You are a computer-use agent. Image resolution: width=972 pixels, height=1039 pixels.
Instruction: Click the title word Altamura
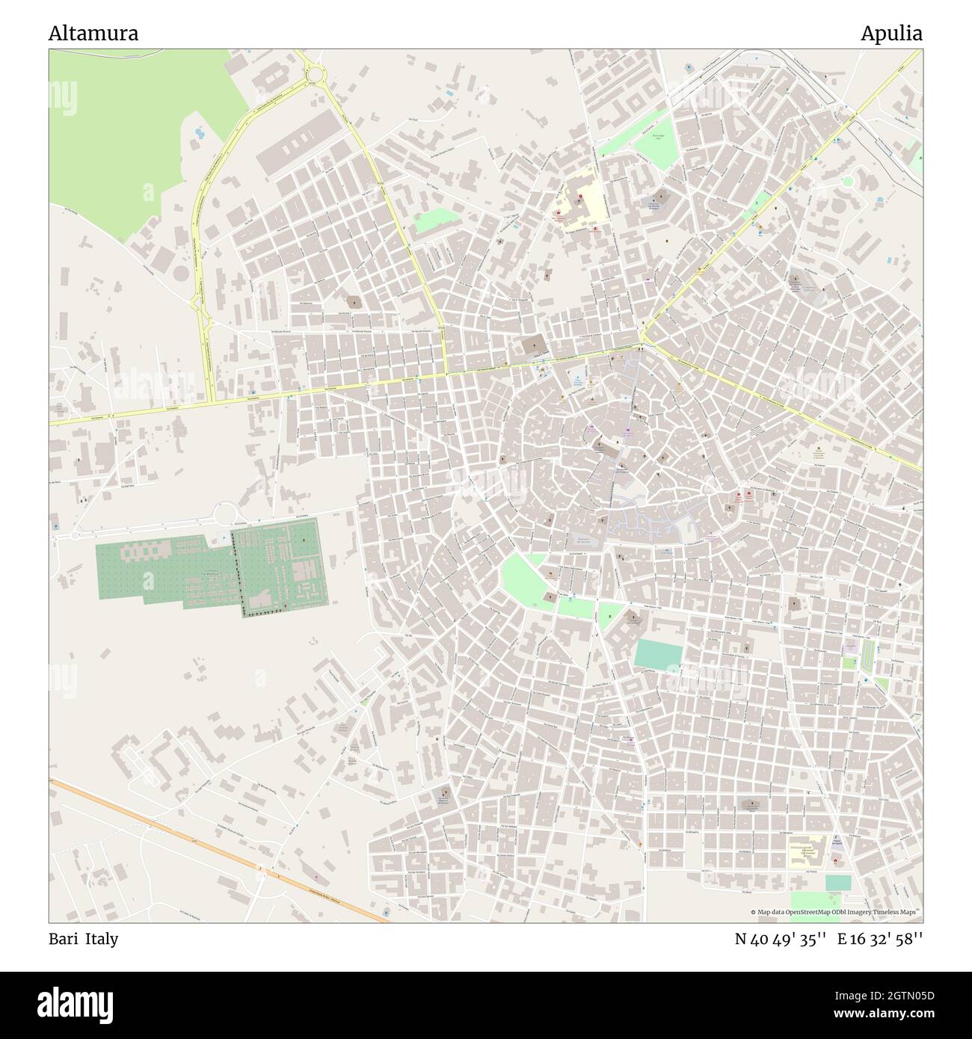93,34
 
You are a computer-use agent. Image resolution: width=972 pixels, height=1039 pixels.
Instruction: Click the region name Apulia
891,34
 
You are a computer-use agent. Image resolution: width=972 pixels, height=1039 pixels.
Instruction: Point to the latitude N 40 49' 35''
780,939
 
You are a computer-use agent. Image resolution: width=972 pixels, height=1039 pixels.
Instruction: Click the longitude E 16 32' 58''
880,939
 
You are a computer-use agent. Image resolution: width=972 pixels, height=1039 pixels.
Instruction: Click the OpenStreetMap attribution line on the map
836,912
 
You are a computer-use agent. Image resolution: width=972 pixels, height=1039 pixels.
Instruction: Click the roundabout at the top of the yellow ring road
314,73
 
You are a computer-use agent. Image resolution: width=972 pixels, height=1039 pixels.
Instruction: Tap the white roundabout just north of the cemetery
224,514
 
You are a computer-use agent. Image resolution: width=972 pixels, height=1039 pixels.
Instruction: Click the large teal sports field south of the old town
658,653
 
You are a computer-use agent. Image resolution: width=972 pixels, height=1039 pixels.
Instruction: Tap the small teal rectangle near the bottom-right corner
837,882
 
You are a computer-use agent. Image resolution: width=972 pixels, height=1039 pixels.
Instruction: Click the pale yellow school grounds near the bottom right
806,852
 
